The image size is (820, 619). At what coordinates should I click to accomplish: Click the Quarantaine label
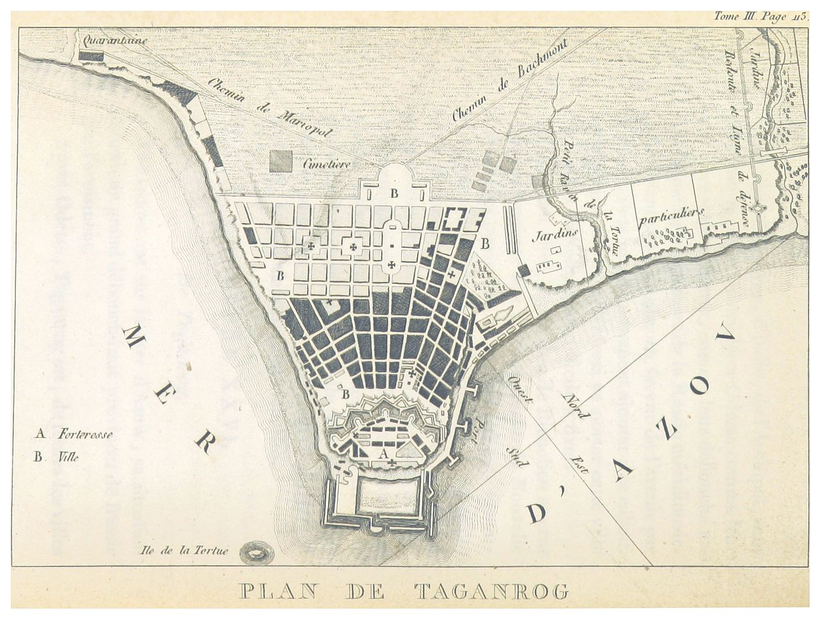111,40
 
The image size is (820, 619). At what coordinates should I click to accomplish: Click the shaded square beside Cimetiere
281,160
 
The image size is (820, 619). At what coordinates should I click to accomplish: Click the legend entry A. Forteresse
74,435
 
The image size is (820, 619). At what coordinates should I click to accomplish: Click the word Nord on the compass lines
575,403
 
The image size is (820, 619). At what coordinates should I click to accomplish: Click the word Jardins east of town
555,235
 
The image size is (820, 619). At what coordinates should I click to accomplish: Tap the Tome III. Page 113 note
762,17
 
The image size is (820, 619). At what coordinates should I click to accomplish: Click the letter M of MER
134,337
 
